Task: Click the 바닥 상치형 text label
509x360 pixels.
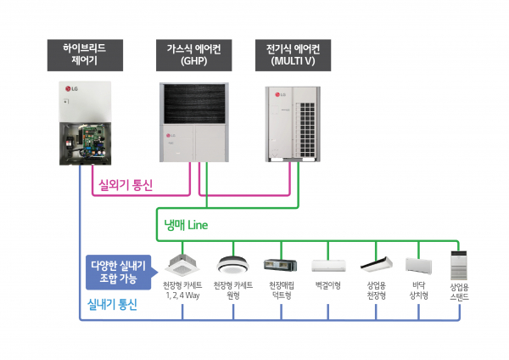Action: tap(418, 290)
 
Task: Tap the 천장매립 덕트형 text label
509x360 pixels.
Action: tap(280, 290)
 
